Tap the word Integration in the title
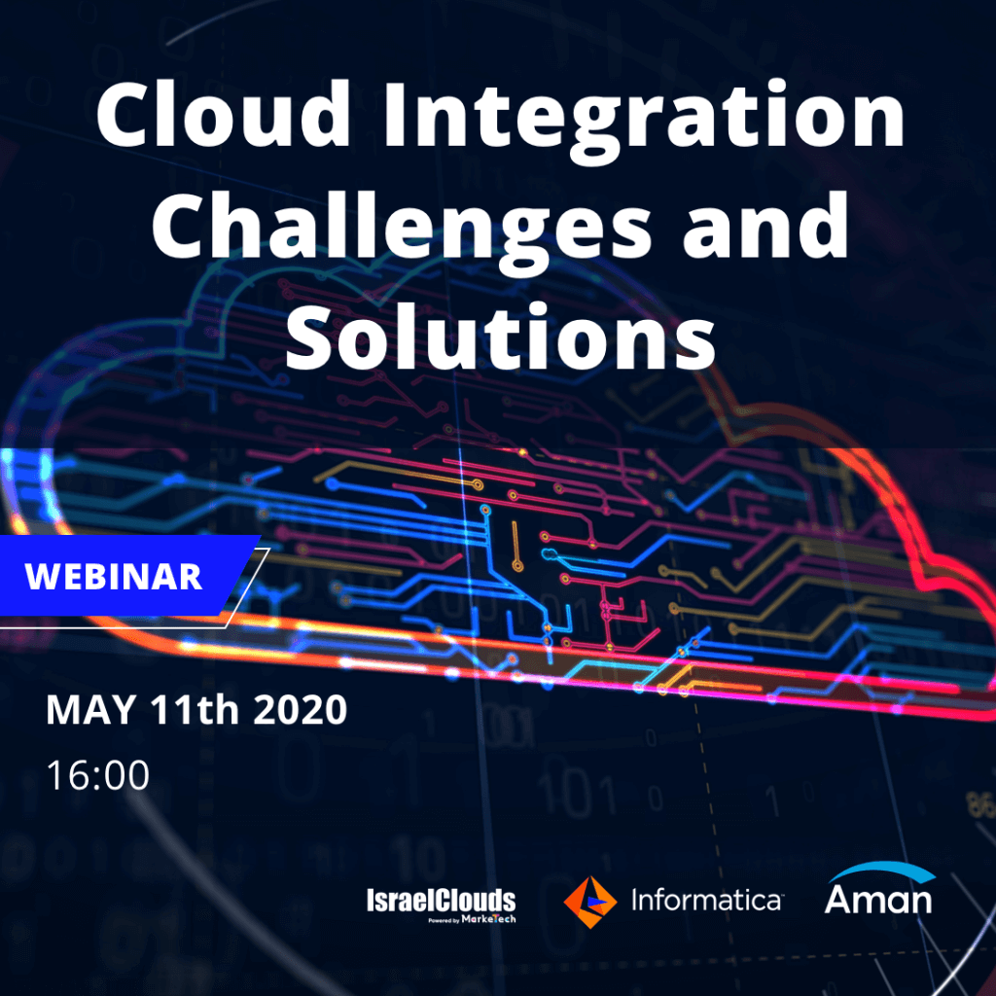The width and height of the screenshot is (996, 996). (x=644, y=121)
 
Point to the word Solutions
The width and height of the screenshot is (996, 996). (x=501, y=336)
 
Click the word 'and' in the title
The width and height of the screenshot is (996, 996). (x=766, y=225)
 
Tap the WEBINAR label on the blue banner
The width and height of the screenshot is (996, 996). (x=113, y=576)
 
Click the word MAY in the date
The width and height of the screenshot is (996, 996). (x=90, y=709)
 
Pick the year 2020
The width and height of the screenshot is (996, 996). (x=301, y=709)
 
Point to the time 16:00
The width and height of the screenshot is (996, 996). (x=98, y=775)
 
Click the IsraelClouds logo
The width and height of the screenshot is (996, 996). (x=441, y=905)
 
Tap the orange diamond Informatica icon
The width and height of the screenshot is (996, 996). (x=590, y=902)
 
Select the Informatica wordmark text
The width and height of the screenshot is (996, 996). (x=707, y=900)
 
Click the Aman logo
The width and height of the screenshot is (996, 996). (x=879, y=889)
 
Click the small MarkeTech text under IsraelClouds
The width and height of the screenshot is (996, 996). (x=488, y=919)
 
